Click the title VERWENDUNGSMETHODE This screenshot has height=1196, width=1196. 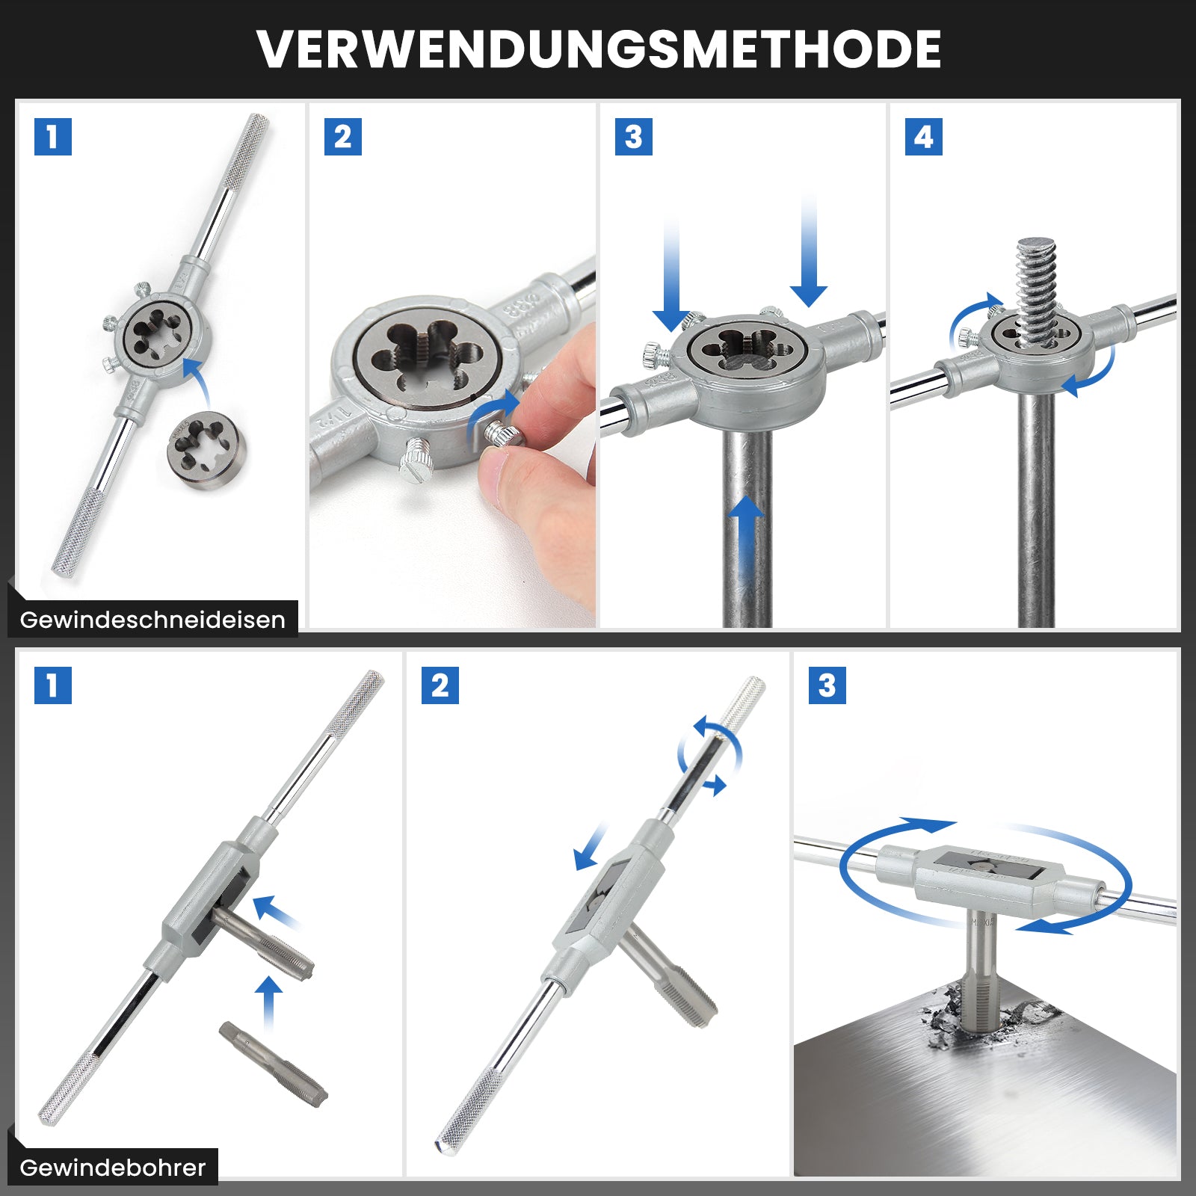[x=599, y=49]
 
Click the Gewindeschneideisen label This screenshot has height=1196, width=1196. [x=152, y=620]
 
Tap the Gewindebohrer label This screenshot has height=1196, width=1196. [x=112, y=1168]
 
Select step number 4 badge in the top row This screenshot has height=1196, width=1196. [x=923, y=137]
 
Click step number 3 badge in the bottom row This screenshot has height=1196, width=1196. [x=827, y=685]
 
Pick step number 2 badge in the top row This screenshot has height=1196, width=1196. [x=343, y=137]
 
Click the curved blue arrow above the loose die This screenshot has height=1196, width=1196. [x=199, y=377]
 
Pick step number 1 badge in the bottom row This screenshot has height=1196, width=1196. [x=53, y=685]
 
